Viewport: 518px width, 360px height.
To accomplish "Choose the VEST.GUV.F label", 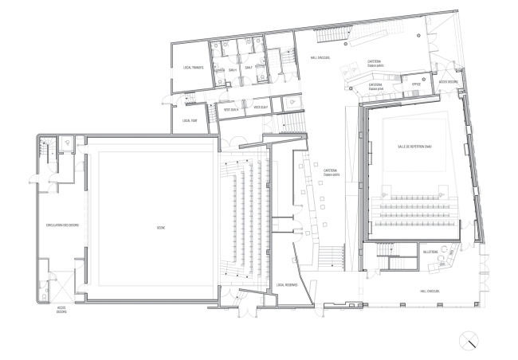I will tap(260, 107).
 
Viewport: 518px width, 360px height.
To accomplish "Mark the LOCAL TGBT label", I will tap(189, 120).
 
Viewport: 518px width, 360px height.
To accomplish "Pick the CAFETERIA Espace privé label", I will tap(377, 84).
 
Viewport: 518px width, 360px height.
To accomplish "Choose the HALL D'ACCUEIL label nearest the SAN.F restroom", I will tap(310, 57).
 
